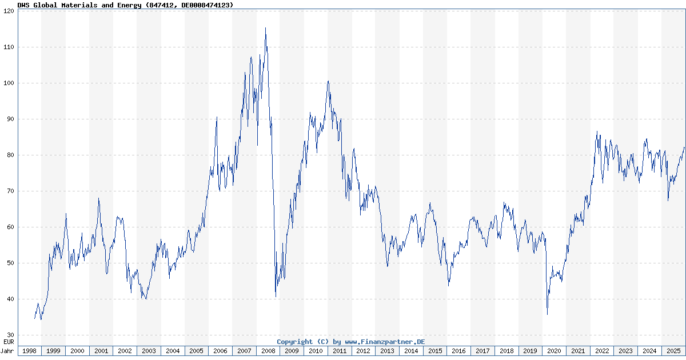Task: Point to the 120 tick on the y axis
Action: tap(9, 11)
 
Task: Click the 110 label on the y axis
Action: tap(9, 47)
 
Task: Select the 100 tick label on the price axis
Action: tap(9, 83)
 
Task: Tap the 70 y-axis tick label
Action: tap(10, 191)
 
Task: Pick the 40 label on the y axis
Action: tap(10, 299)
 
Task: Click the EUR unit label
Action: tap(9, 341)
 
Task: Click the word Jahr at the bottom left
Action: tap(8, 351)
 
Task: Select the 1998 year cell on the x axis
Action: tap(30, 351)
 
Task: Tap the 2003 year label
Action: tap(149, 351)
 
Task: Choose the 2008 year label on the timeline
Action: tap(268, 351)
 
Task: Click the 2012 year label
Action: tap(364, 351)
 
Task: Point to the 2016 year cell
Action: tap(459, 351)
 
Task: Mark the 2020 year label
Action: tap(554, 351)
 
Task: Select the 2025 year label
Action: tap(673, 351)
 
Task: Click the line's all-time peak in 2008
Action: tap(265, 28)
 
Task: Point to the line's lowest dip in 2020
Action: tap(547, 314)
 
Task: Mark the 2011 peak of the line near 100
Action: tap(328, 81)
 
